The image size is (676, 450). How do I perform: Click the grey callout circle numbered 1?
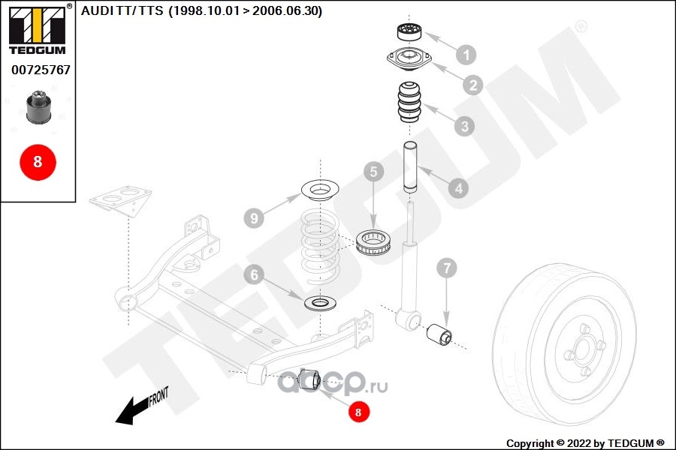(466, 55)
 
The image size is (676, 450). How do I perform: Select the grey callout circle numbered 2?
(473, 85)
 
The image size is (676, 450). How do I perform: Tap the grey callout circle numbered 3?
(464, 126)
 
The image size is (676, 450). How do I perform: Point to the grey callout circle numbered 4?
(458, 188)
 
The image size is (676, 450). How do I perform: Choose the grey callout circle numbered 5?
(373, 172)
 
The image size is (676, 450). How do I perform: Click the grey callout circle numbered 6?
(254, 274)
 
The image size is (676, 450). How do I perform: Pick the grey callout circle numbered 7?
(446, 268)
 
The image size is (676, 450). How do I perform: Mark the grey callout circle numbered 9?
(254, 218)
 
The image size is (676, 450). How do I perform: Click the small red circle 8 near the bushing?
(358, 412)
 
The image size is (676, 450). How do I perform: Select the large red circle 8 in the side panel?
(38, 162)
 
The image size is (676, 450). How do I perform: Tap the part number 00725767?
(41, 70)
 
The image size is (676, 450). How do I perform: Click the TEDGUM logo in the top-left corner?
(38, 29)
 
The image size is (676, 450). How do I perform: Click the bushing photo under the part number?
(39, 106)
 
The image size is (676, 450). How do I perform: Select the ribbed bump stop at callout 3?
(409, 102)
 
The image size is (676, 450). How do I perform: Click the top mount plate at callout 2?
(409, 59)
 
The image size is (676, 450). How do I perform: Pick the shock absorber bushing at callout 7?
(439, 334)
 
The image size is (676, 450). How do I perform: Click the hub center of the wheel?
(582, 349)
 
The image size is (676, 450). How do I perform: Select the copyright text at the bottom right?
(585, 443)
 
